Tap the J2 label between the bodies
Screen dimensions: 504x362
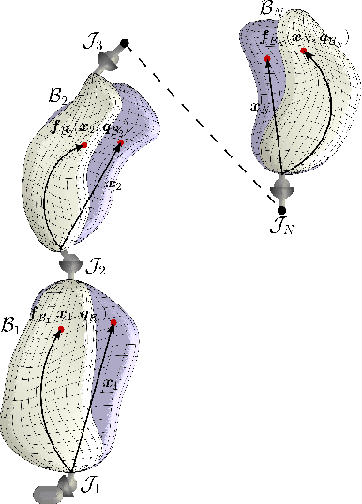click(97, 269)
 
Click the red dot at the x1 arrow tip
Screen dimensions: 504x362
click(113, 323)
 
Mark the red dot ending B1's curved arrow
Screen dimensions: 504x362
click(60, 329)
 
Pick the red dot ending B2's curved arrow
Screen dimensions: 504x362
click(84, 145)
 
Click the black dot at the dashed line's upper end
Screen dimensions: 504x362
click(125, 43)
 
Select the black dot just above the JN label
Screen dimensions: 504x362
click(281, 210)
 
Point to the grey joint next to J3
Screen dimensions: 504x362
click(109, 58)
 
